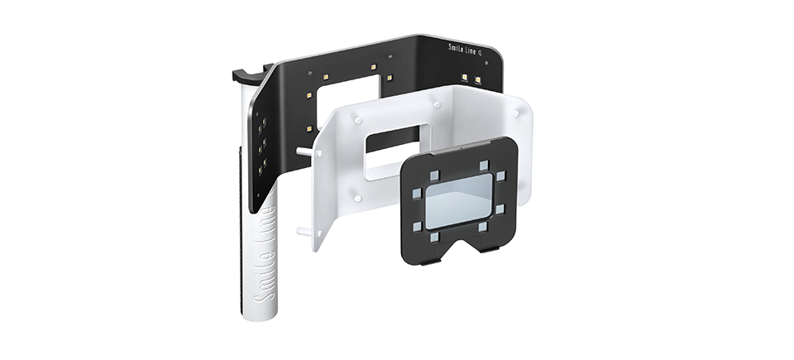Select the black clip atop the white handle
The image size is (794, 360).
click(x=251, y=74)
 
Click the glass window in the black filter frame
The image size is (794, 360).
click(x=459, y=201)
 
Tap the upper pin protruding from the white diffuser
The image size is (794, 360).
click(x=306, y=151)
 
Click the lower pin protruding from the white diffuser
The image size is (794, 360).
click(x=306, y=232)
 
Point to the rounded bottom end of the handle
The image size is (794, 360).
click(x=260, y=314)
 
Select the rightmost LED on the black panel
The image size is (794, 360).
click(x=477, y=79)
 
